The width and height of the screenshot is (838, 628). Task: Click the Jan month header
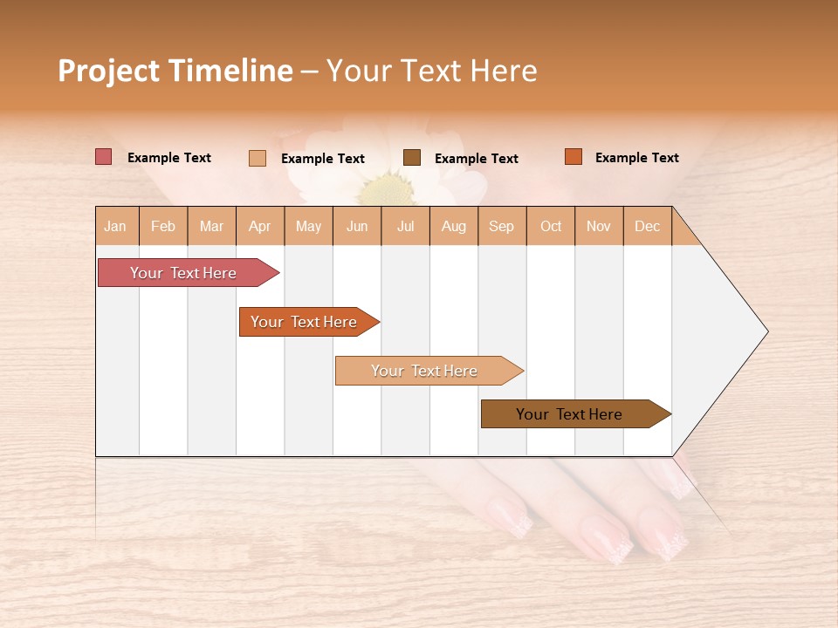tap(116, 226)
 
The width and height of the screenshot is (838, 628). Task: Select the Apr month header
tap(260, 226)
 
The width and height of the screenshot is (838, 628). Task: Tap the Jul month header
tap(405, 226)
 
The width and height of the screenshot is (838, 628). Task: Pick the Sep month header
tap(501, 226)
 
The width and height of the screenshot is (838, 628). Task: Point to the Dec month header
tap(647, 226)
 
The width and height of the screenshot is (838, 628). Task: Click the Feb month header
tap(163, 226)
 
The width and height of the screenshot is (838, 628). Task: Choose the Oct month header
tap(551, 226)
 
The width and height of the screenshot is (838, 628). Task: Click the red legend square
tap(103, 157)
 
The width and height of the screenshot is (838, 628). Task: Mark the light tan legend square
tap(257, 158)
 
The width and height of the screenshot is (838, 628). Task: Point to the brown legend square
tap(412, 158)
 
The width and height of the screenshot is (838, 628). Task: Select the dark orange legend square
tap(573, 157)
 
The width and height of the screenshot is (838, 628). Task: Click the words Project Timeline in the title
tap(175, 71)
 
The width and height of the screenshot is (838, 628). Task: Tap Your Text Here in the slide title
tap(431, 71)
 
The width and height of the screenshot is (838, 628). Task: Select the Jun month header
tap(357, 226)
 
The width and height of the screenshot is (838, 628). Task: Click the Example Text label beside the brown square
tap(476, 159)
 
